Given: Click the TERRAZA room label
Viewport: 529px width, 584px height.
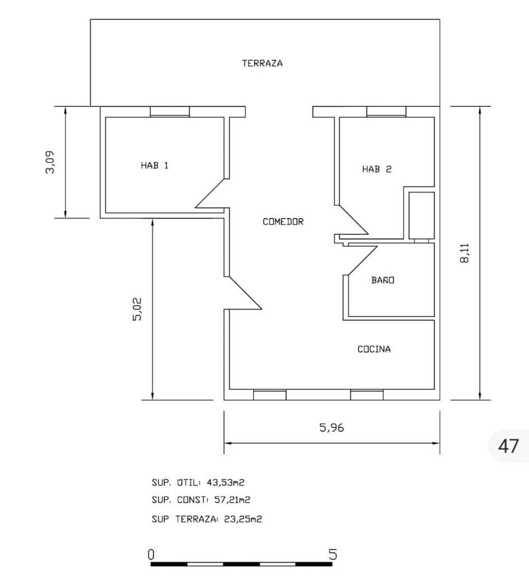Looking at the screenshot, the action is coord(262,63).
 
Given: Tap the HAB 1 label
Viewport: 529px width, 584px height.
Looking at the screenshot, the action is coord(154,165).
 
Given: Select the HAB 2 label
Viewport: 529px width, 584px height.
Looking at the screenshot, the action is coord(377,169).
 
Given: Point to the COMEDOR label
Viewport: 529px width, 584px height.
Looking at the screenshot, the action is coord(283,222).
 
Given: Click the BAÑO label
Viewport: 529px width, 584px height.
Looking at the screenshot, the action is coord(383,280).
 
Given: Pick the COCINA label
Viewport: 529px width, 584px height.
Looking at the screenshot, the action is coord(374,349).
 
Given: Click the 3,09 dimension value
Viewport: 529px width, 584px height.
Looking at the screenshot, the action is coord(50,162).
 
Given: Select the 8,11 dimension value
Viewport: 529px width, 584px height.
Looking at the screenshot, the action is coord(464,253).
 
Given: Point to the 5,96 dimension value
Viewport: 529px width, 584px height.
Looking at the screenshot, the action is coord(332,428).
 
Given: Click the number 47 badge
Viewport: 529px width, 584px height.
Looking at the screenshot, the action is coord(508,446).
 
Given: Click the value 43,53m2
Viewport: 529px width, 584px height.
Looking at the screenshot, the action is coord(225,482).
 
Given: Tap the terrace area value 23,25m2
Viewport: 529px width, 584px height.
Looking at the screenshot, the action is coord(243,519).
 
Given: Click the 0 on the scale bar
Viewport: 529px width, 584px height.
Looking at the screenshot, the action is coord(151,555).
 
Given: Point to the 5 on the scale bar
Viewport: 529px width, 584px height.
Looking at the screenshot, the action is coord(333,555).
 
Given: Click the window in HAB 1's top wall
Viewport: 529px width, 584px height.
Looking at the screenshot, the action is coord(170,111).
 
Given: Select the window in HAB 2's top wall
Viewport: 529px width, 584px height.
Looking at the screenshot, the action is coord(386,111).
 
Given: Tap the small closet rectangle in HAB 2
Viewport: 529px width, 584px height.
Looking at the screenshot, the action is coord(421,215).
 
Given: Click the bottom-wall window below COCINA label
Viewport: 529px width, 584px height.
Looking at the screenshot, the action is coord(367,395).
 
